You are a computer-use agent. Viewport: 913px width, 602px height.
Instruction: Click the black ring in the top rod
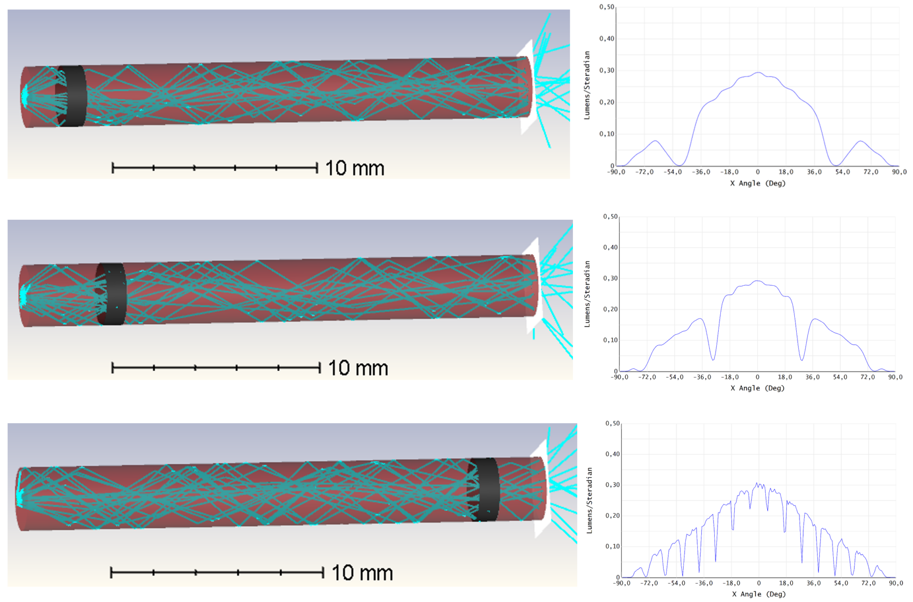(72, 96)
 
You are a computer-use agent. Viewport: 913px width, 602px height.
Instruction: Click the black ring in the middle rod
(112, 294)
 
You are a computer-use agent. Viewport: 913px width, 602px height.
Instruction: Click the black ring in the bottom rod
(484, 489)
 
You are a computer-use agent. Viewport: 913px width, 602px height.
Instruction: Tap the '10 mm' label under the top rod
(354, 168)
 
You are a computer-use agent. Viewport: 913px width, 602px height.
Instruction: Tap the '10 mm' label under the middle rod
(358, 368)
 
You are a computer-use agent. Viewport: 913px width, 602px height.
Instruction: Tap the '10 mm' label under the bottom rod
(362, 573)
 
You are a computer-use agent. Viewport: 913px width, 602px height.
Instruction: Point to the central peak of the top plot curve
(758, 72)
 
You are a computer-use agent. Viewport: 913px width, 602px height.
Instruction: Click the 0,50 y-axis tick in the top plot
(607, 7)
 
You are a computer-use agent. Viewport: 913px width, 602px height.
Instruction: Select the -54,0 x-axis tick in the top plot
(672, 172)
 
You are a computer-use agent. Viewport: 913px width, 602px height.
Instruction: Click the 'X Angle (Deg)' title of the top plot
(758, 183)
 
